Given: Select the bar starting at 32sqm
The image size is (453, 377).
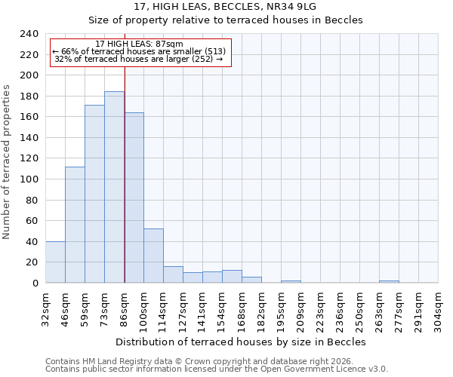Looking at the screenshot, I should (x=55, y=262).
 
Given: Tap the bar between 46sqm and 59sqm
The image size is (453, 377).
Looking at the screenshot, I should (x=75, y=225).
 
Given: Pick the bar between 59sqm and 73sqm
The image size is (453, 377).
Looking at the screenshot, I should (x=94, y=194).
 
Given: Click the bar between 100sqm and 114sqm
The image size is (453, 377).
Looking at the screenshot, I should (x=153, y=256).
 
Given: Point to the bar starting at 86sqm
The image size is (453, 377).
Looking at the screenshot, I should (x=134, y=198).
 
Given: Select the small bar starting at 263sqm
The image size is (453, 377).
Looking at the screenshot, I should (x=389, y=281).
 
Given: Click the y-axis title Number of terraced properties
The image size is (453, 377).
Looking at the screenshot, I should (x=8, y=161).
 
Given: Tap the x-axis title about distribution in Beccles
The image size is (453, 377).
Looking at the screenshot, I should (x=241, y=342).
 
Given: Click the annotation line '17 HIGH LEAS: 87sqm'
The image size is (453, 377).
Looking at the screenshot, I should (x=139, y=44).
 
